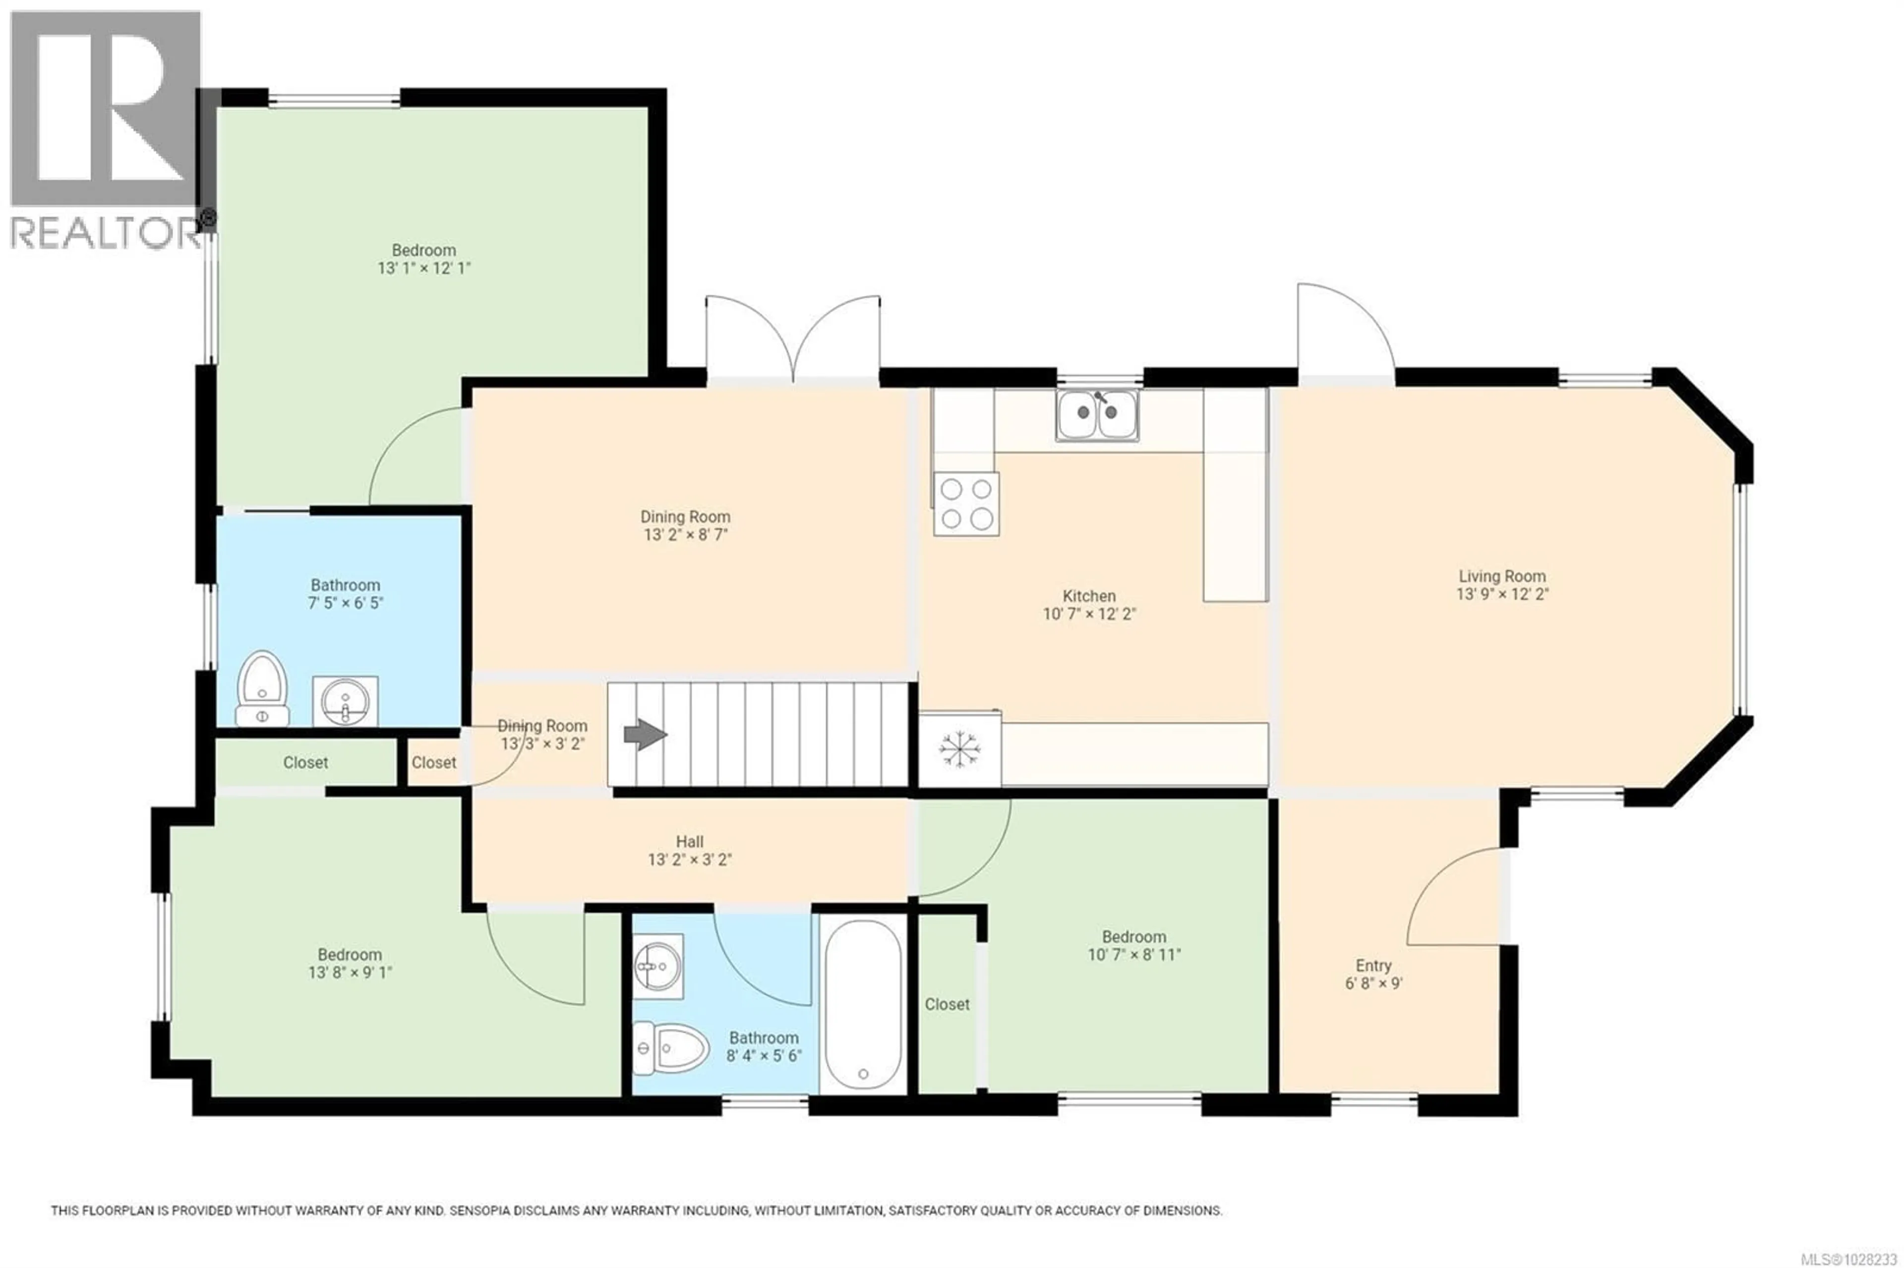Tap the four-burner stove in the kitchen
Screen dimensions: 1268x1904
point(966,504)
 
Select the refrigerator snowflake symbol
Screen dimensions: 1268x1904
point(959,749)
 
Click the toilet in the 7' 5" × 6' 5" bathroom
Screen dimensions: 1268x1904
point(262,688)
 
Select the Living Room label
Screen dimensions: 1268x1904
point(1501,576)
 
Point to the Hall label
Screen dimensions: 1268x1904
point(689,842)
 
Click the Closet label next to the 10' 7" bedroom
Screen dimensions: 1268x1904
point(947,1004)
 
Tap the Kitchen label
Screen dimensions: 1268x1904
point(1089,596)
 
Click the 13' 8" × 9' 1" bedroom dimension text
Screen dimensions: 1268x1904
point(350,973)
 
